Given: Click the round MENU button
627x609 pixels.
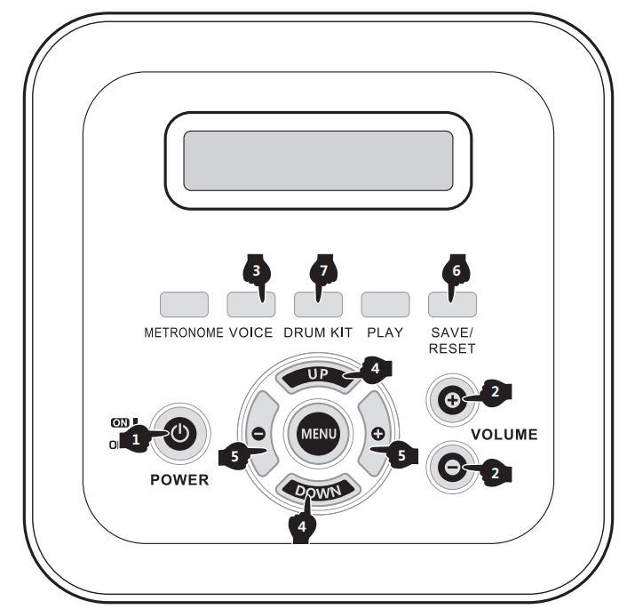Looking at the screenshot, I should tap(318, 434).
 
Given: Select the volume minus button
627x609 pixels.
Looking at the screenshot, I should tap(451, 467).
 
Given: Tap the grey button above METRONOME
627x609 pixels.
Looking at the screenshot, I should tap(184, 305).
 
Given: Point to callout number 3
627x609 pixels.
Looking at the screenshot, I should tap(256, 274).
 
